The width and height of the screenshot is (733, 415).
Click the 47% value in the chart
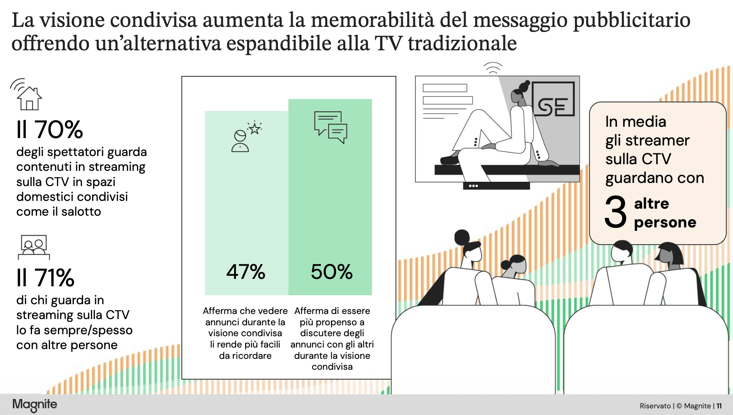tap(246, 272)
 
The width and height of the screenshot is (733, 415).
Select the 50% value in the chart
tap(332, 272)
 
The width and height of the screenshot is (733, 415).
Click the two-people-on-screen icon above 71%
tap(34, 247)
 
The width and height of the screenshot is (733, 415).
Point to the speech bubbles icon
tap(331, 128)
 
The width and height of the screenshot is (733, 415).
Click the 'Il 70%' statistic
tap(50, 129)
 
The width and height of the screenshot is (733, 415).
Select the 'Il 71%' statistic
tap(45, 278)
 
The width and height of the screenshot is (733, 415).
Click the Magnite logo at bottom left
tap(35, 405)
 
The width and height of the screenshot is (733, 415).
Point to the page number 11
tap(719, 406)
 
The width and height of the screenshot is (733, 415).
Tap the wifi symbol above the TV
tap(493, 68)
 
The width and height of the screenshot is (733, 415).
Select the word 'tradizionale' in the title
tap(463, 43)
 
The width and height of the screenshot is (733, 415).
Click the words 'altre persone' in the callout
tap(665, 213)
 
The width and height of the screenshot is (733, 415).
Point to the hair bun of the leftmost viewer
tap(462, 237)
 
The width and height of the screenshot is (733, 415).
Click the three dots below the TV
tap(473, 186)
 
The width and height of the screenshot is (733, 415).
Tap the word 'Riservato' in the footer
tap(655, 406)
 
